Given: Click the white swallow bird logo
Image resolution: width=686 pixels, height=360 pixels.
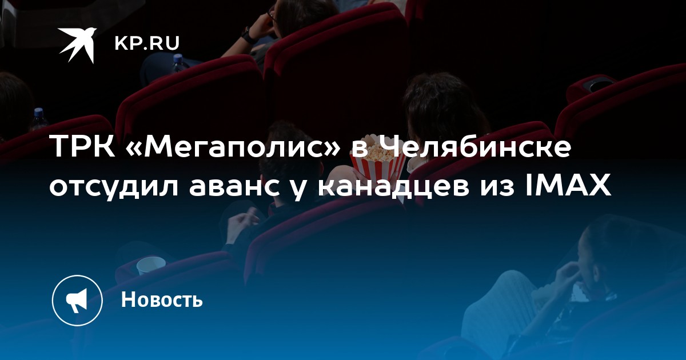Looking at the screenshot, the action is coord(77,45).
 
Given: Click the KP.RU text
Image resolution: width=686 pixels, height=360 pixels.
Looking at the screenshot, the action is coord(147,43).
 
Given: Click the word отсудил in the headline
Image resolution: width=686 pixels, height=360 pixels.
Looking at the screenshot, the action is coord(114,186).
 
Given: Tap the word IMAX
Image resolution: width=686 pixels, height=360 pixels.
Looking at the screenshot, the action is coord(568,186).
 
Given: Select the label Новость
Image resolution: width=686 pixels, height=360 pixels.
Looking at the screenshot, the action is coord(162,299).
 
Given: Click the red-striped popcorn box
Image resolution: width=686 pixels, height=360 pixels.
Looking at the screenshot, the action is coord(378,165).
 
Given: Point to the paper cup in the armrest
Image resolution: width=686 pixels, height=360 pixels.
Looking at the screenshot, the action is coord(151,265).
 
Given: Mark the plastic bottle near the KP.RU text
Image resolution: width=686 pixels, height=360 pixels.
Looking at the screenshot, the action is coord(178,63).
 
